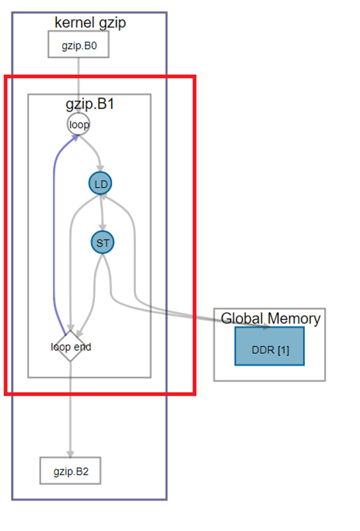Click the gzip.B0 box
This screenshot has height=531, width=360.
78,44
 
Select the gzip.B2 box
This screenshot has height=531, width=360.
70,471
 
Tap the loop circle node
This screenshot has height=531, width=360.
78,124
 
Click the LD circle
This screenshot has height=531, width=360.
100,183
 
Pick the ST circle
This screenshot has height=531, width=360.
102,242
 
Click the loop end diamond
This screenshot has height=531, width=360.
70,346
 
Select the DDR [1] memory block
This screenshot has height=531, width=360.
270,346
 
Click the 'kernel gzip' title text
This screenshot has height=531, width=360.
90,23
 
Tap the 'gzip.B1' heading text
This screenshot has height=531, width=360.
90,104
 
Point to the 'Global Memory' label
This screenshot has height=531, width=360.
270,319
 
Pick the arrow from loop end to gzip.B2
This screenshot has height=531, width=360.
70,410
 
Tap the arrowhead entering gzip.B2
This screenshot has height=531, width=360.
70,454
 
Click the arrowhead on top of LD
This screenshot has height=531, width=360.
100,169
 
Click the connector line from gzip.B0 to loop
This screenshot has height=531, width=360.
78,86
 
